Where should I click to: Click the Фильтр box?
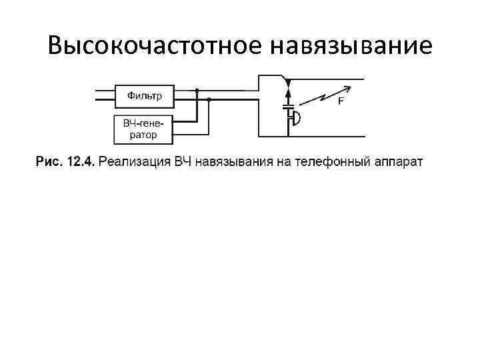tap(144, 95)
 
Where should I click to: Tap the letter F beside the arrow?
tap(341, 102)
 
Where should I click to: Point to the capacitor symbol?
tap(288, 106)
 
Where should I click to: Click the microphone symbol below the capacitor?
tap(294, 118)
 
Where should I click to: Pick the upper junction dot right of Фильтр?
tap(197, 90)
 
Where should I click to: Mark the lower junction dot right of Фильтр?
tap(209, 99)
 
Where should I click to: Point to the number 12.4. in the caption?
tap(81, 161)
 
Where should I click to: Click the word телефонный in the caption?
tap(341, 161)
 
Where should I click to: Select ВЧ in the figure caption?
tap(183, 161)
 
